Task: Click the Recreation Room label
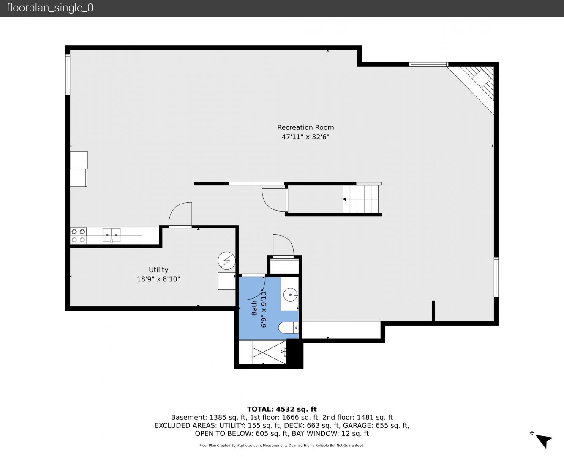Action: (305, 127)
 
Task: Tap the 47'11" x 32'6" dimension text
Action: (305, 137)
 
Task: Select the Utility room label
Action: (158, 270)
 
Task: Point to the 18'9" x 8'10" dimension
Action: (158, 279)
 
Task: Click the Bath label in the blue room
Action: (254, 308)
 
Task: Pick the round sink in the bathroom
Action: (291, 295)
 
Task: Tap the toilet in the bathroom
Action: (289, 328)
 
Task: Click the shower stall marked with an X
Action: (269, 352)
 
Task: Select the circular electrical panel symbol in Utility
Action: (227, 261)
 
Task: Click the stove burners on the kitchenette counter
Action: (79, 236)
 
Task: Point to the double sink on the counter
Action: (112, 235)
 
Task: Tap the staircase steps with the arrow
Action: (360, 199)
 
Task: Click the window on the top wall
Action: (428, 64)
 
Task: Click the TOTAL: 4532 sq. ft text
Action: (282, 409)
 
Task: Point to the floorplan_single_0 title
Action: (50, 8)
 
